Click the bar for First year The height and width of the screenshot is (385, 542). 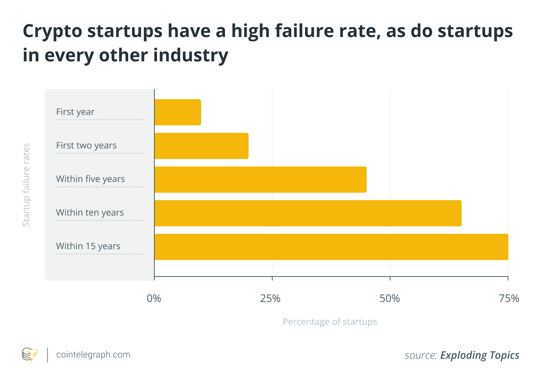(x=178, y=112)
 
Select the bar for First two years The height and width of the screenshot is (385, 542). (x=201, y=146)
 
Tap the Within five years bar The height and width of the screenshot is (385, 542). (x=260, y=180)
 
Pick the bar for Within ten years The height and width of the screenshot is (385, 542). (x=308, y=213)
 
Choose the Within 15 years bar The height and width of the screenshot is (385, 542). (x=331, y=247)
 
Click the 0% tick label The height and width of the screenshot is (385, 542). (x=154, y=299)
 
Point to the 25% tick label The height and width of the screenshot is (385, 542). (x=271, y=299)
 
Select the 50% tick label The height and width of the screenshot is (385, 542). (x=390, y=299)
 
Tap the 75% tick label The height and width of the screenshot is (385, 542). (x=509, y=299)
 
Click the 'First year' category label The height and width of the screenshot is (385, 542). (x=75, y=112)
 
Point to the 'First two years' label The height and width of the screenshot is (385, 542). (x=86, y=146)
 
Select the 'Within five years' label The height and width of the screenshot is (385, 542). (x=90, y=179)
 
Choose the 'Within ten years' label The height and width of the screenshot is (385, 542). (x=90, y=213)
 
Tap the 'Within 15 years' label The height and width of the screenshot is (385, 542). (x=88, y=246)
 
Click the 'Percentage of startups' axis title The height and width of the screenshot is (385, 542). (x=330, y=322)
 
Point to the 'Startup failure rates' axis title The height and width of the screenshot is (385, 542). (x=26, y=185)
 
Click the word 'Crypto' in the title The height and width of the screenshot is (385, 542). (x=52, y=31)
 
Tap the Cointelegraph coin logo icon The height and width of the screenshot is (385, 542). (x=30, y=355)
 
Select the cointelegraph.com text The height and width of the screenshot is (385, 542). (x=93, y=355)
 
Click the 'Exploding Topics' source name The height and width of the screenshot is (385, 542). (x=480, y=355)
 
